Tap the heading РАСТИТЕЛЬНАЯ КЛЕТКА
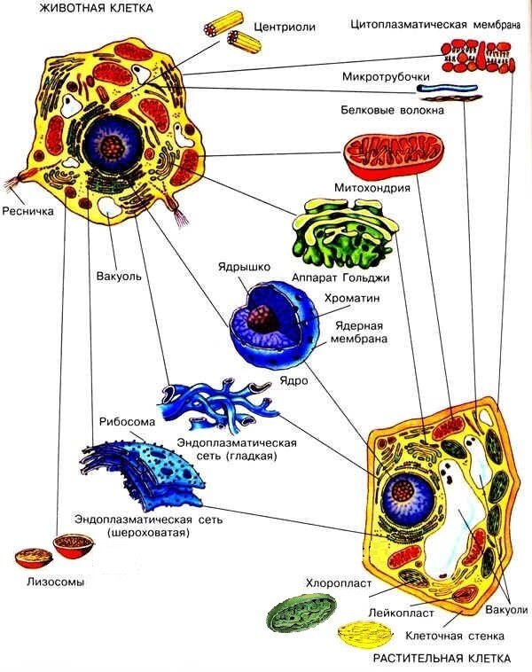click(x=442, y=659)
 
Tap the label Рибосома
click(x=123, y=423)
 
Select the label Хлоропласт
click(x=332, y=583)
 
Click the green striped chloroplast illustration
click(x=303, y=615)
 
